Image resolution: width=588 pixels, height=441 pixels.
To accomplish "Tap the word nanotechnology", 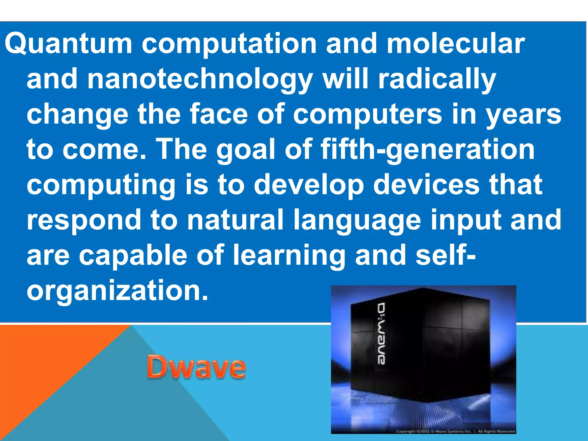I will [x=200, y=79].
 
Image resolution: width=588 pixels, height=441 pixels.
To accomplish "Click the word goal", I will [x=247, y=149].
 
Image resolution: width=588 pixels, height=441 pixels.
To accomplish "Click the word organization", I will [x=117, y=290].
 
